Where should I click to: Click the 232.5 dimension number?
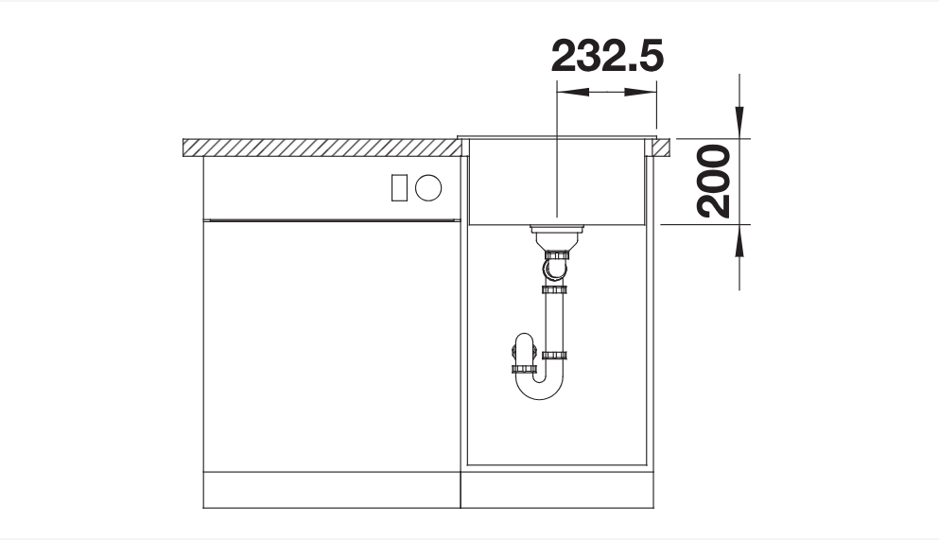coord(607,56)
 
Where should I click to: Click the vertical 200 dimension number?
coord(714,182)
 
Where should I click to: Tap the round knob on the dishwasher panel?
coord(428,187)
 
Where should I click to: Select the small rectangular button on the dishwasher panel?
coord(399,187)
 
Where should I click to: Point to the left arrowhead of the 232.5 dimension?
coord(572,92)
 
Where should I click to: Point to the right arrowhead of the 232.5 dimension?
coord(641,92)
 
